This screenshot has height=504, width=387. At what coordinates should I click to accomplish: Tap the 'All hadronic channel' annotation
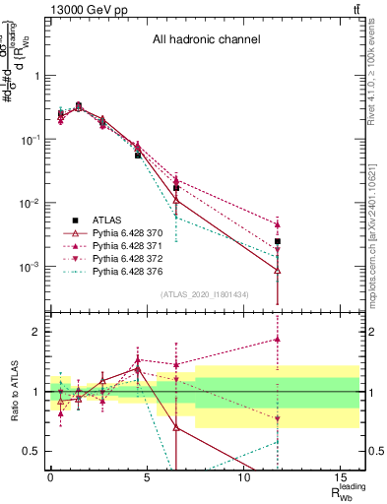[x=206, y=40]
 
